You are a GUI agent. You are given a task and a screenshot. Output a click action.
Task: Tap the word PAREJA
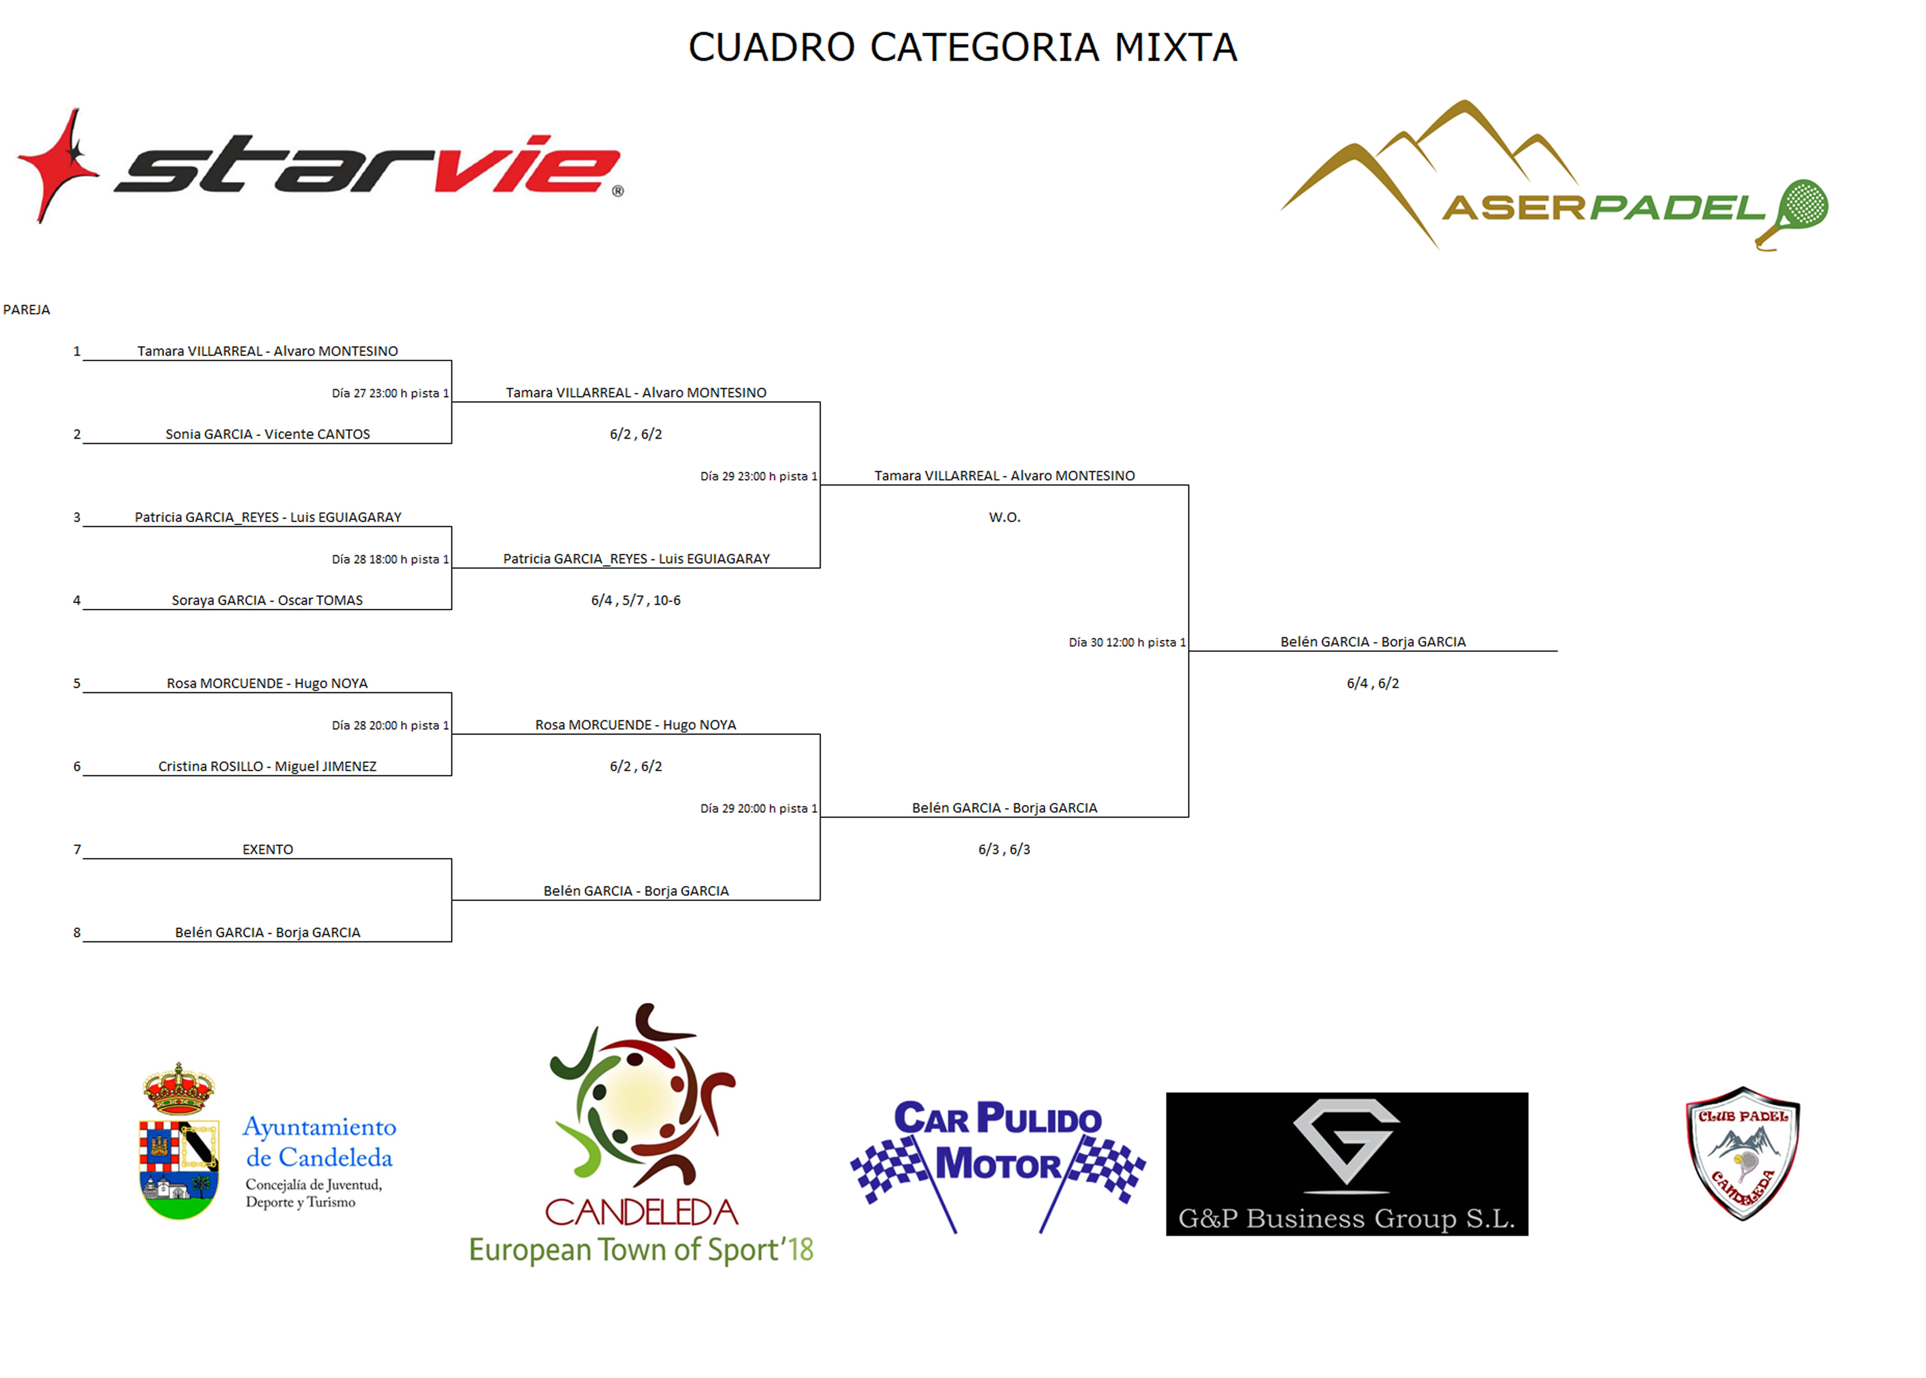click(26, 310)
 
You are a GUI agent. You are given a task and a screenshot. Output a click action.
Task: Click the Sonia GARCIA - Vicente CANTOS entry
click(267, 434)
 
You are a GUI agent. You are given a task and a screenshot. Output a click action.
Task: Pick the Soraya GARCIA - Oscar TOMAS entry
click(267, 601)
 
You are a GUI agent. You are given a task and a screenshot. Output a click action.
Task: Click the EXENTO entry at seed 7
click(267, 849)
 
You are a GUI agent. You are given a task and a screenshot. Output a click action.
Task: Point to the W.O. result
click(1005, 518)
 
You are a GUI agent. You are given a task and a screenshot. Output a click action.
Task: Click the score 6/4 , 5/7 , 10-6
click(636, 601)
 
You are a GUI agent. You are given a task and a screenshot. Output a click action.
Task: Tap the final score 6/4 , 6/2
click(1373, 684)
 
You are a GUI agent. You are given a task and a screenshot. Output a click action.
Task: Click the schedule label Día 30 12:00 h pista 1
click(1127, 642)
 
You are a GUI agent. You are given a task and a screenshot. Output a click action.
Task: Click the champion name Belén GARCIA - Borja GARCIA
click(1373, 642)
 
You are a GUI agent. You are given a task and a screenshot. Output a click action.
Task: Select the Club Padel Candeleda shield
click(1743, 1153)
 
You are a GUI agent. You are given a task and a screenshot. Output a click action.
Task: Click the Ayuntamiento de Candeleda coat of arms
click(179, 1141)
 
